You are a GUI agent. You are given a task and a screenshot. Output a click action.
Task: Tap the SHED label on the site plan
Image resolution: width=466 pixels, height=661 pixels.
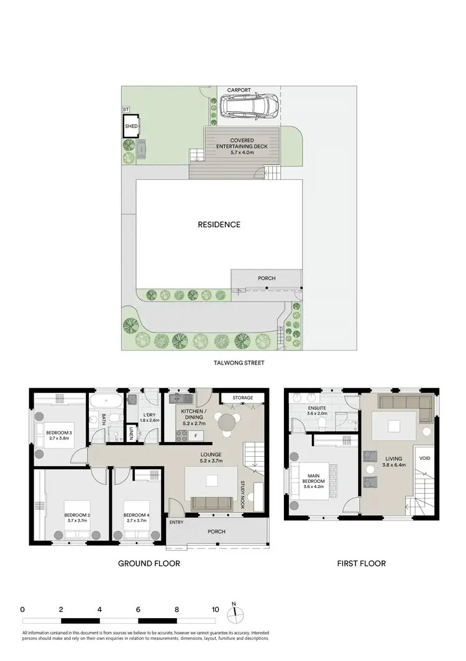[x=131, y=126]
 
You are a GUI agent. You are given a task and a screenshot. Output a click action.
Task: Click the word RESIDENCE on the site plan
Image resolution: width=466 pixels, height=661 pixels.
[x=219, y=225]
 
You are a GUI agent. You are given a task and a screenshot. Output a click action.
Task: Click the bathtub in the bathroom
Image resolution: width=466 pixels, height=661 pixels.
[x=107, y=400]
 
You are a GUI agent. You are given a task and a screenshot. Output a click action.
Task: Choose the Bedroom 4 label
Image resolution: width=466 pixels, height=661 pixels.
[x=135, y=515]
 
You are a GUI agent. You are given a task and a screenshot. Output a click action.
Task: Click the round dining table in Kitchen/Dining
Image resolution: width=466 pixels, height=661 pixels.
[x=227, y=422]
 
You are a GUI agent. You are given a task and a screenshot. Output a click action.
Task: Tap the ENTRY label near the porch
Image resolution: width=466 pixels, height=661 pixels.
[x=176, y=522]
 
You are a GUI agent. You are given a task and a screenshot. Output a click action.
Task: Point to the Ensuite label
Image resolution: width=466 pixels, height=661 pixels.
[x=318, y=409]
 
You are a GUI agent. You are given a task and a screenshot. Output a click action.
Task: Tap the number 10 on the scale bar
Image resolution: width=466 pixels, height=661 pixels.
[x=215, y=609]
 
